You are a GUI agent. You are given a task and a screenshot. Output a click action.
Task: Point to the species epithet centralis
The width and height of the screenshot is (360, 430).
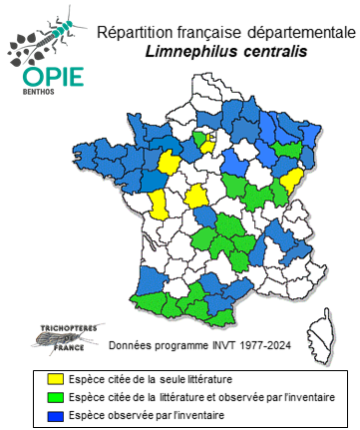tap(269, 51)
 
